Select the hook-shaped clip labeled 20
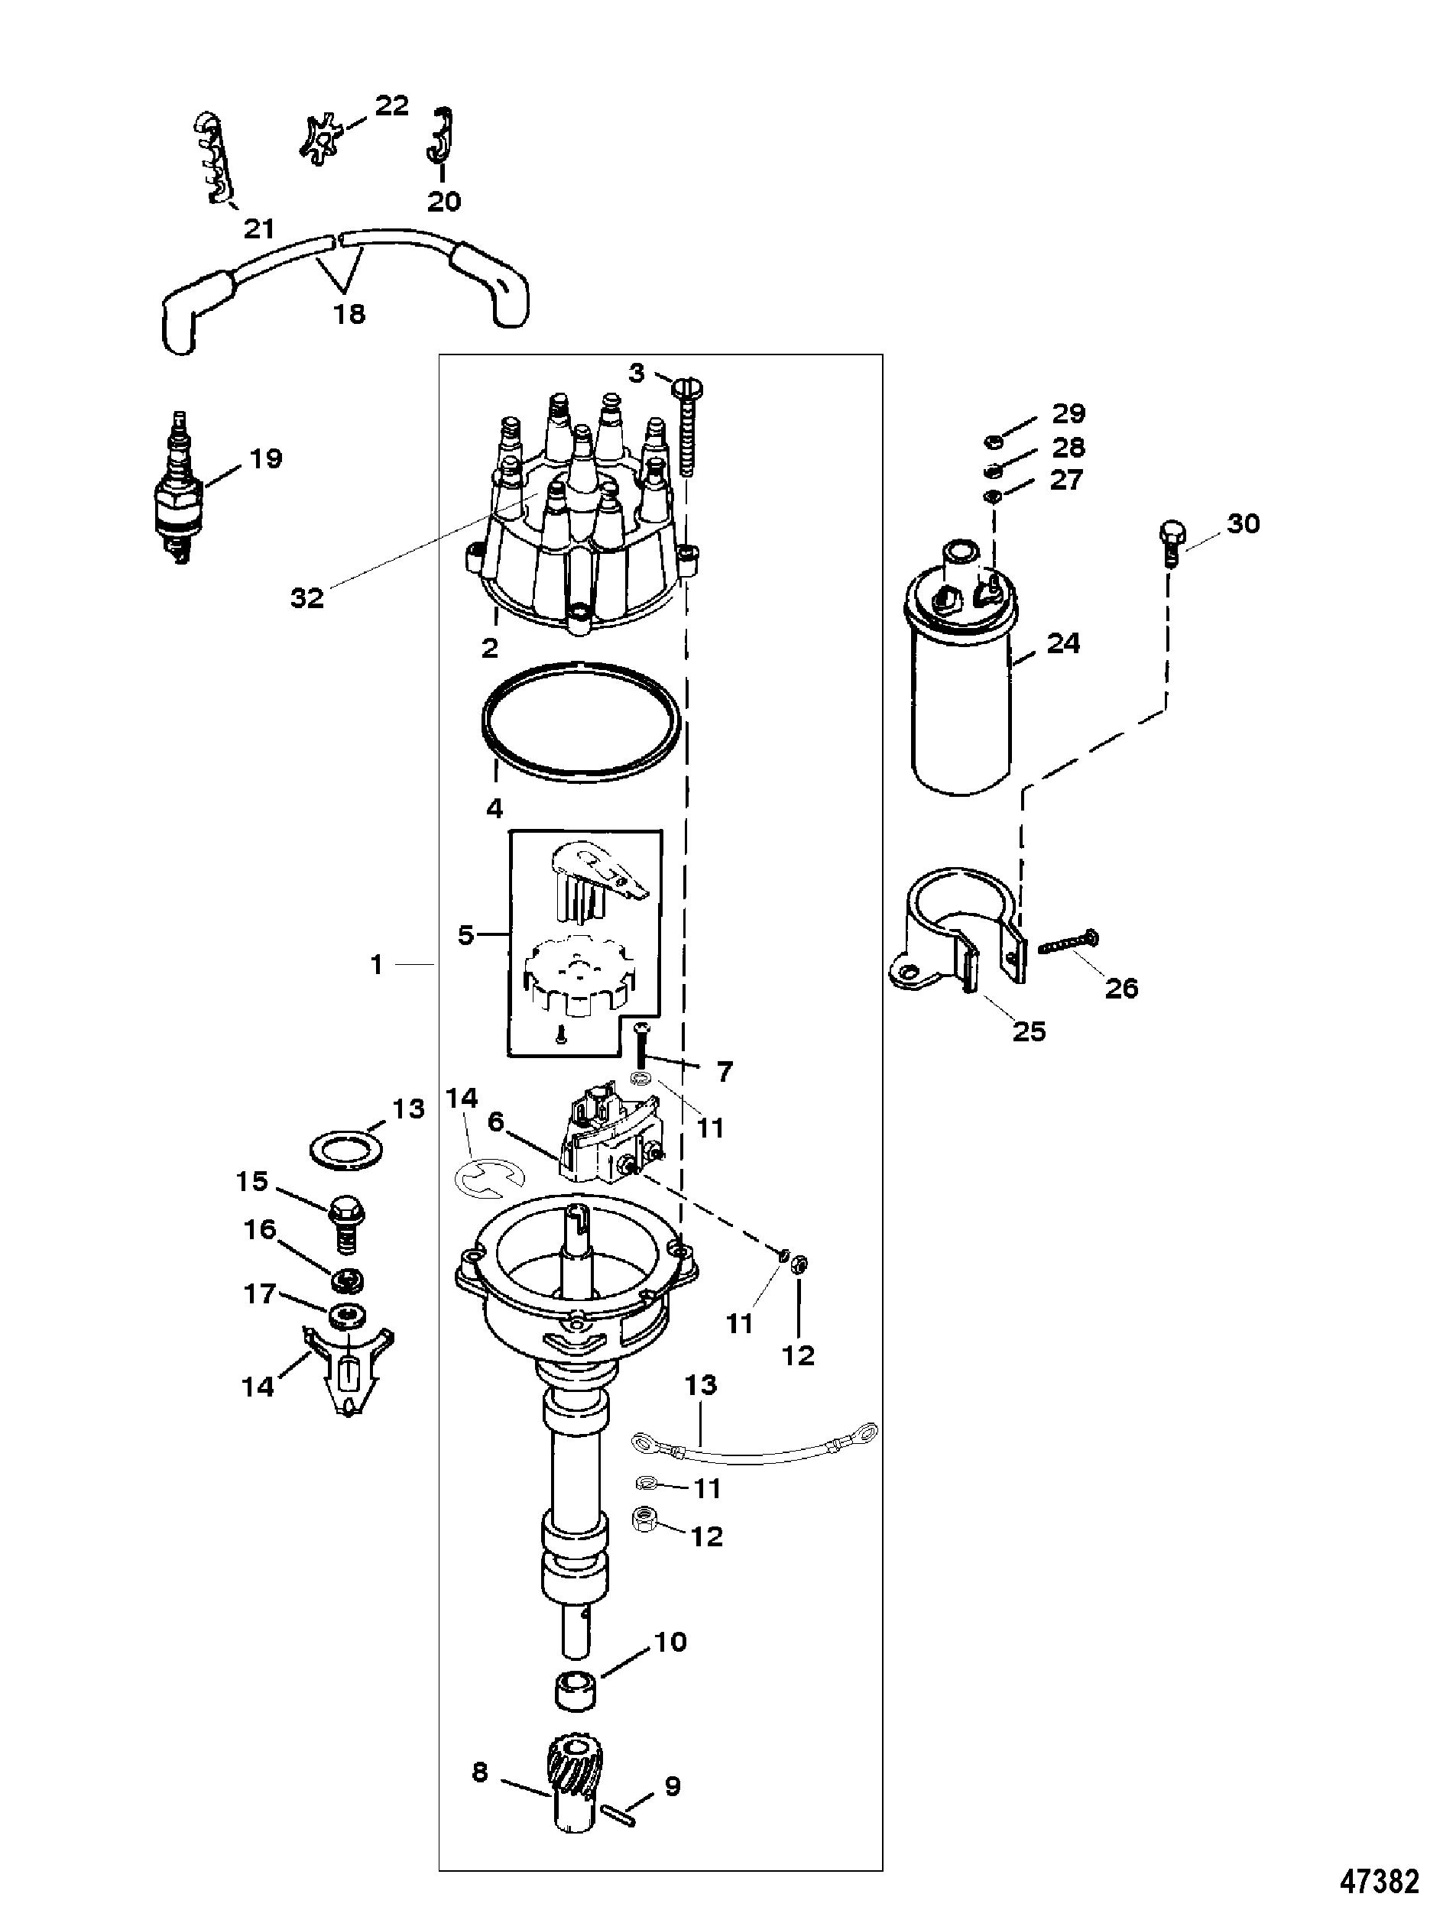[x=443, y=136]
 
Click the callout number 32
[x=306, y=598]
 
